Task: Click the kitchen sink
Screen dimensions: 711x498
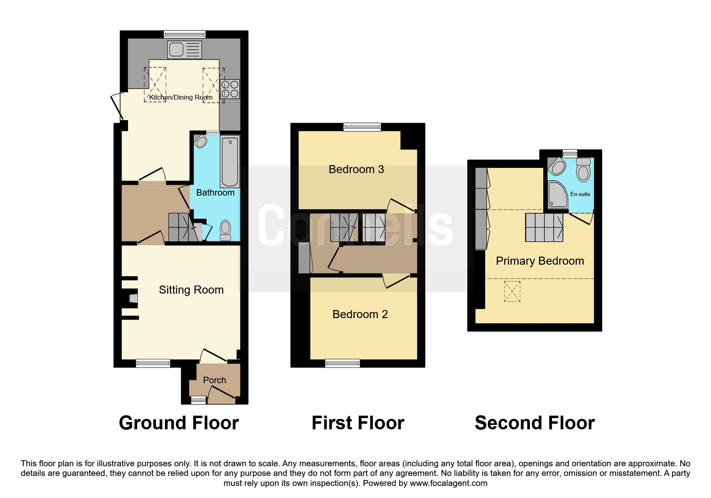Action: (x=184, y=50)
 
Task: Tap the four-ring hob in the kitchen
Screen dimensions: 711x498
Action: (x=230, y=89)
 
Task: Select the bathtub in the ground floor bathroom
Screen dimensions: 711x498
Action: (x=230, y=161)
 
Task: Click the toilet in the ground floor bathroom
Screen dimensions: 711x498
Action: (x=226, y=231)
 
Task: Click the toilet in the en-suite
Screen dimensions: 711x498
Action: (x=583, y=169)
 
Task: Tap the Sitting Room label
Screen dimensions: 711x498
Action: (x=191, y=290)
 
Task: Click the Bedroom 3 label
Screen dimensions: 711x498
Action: (x=356, y=169)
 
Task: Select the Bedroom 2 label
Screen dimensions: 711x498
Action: (x=360, y=314)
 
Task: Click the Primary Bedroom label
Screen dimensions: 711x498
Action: (x=540, y=261)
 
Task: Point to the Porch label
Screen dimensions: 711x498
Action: (x=214, y=380)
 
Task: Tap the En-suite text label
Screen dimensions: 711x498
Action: (x=580, y=194)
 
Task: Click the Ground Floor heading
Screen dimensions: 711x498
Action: (x=179, y=423)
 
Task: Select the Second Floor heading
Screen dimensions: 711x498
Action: (x=535, y=423)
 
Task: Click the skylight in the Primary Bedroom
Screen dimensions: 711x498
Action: (x=512, y=291)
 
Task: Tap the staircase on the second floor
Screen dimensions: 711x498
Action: (x=545, y=227)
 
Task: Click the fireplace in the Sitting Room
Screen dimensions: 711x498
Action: (x=133, y=298)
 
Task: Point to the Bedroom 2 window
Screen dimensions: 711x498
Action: (x=342, y=363)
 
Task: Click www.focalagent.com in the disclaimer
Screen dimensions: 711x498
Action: (x=448, y=483)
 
